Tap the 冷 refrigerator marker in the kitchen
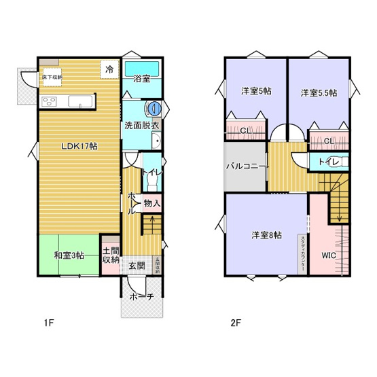click(109, 68)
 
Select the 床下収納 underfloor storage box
click(52, 76)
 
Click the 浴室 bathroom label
click(141, 79)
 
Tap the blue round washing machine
click(154, 107)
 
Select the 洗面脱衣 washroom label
click(141, 126)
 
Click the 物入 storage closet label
click(152, 203)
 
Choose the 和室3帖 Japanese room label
click(69, 255)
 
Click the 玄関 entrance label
click(137, 266)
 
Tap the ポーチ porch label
click(141, 297)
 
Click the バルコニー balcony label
click(247, 165)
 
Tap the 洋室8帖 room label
click(266, 235)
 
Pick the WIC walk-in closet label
click(329, 255)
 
